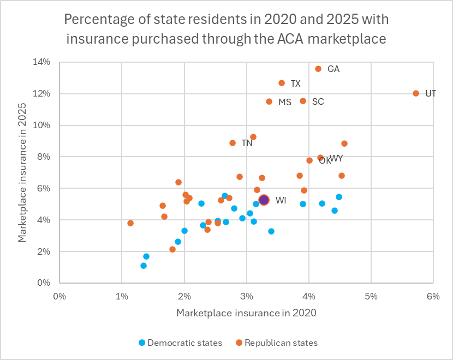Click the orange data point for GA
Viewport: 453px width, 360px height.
pyautogui.click(x=318, y=69)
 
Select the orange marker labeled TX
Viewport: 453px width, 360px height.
pyautogui.click(x=282, y=83)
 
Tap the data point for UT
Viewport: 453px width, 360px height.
pyautogui.click(x=416, y=93)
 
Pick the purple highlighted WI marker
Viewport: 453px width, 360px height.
pyautogui.click(x=264, y=200)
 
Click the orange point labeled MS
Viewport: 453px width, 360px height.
pyautogui.click(x=269, y=101)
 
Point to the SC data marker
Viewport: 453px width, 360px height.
pyautogui.click(x=303, y=101)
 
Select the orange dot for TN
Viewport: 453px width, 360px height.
pyautogui.click(x=233, y=143)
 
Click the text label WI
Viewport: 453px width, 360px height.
pyautogui.click(x=281, y=201)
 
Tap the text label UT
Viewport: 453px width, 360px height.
pyautogui.click(x=431, y=93)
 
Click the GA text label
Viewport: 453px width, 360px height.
pyautogui.click(x=333, y=69)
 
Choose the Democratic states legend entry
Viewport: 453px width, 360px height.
pyautogui.click(x=181, y=343)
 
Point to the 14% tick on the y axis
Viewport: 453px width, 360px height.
pyautogui.click(x=43, y=62)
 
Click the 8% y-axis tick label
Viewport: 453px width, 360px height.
pyautogui.click(x=45, y=157)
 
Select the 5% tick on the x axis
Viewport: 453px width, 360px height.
pyautogui.click(x=371, y=297)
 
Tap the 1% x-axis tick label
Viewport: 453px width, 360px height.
pyautogui.click(x=122, y=297)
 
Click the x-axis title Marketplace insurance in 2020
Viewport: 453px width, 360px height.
pyautogui.click(x=246, y=314)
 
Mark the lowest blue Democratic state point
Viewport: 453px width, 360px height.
pyautogui.click(x=144, y=266)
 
